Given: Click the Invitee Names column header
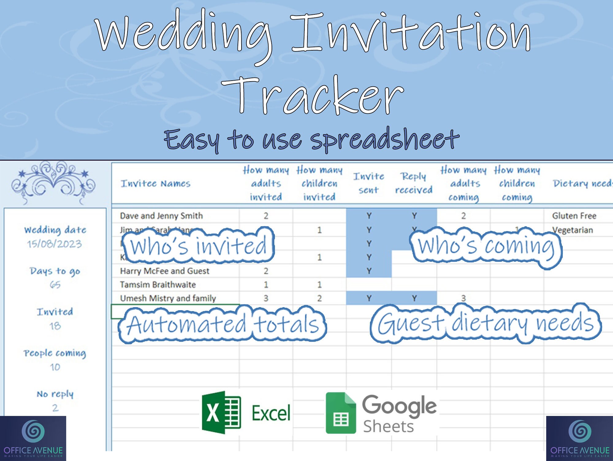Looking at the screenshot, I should click(x=155, y=184).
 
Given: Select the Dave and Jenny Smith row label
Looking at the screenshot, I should click(x=161, y=216).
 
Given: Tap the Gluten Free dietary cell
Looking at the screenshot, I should click(x=574, y=216).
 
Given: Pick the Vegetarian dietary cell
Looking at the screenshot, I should click(x=573, y=230).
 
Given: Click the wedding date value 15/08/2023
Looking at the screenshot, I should click(x=55, y=244).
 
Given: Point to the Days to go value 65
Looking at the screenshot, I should click(x=55, y=285).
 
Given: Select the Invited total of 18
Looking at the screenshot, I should click(x=55, y=326).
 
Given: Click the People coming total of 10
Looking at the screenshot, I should click(x=55, y=367).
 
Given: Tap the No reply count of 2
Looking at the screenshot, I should click(x=55, y=408).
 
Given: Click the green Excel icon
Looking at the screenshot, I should click(x=221, y=412).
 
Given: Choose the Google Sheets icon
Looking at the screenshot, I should click(x=341, y=413).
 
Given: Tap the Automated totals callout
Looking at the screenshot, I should click(x=223, y=324).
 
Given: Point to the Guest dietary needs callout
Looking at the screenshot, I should click(x=486, y=323).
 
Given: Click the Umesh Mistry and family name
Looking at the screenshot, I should click(x=168, y=298).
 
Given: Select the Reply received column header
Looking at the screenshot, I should click(x=413, y=183).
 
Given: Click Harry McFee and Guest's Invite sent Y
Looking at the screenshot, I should click(x=369, y=271).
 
